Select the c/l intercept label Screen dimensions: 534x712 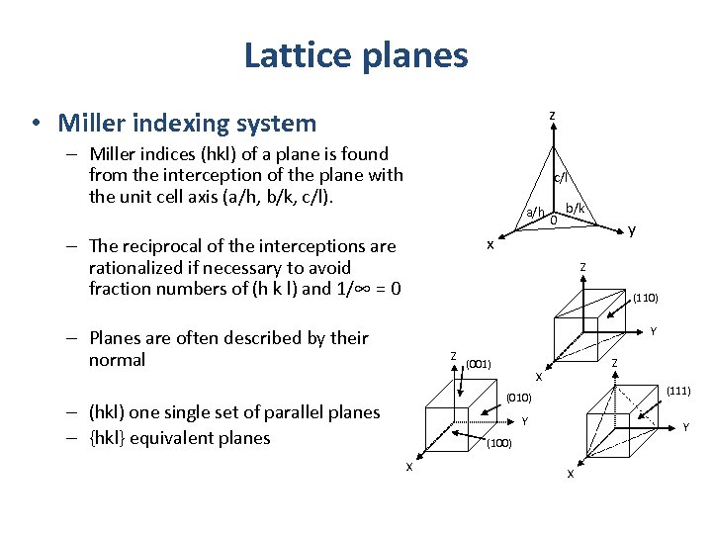pyautogui.click(x=560, y=179)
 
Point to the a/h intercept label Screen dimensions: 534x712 pyautogui.click(x=534, y=212)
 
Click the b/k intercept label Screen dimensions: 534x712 pyautogui.click(x=576, y=208)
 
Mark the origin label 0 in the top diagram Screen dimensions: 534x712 pyautogui.click(x=554, y=221)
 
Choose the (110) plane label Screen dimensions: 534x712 pyautogui.click(x=646, y=298)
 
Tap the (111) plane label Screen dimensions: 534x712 pyautogui.click(x=677, y=392)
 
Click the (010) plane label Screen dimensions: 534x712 pyautogui.click(x=519, y=398)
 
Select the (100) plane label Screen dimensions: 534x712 pyautogui.click(x=498, y=443)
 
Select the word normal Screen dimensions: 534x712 pyautogui.click(x=117, y=359)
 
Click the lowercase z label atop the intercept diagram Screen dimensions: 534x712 pyautogui.click(x=552, y=117)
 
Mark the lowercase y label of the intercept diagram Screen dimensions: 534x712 pyautogui.click(x=632, y=231)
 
